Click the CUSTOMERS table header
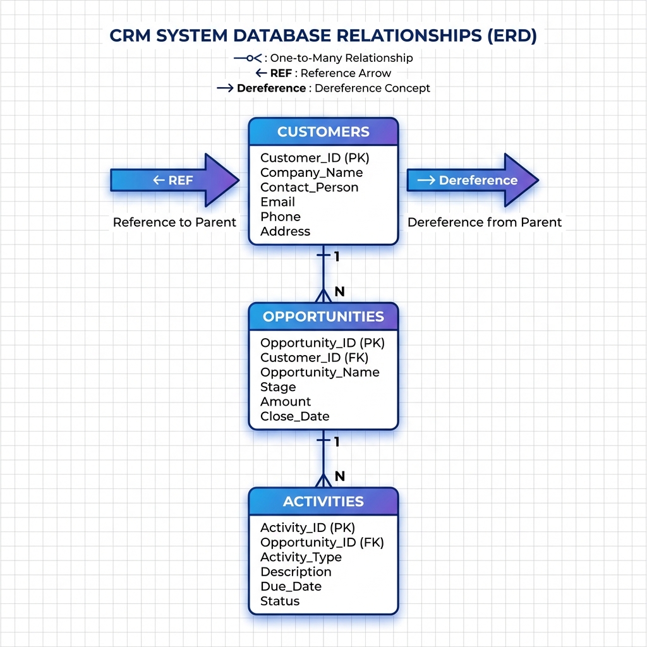(323, 132)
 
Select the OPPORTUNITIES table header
(323, 317)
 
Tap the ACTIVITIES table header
(323, 502)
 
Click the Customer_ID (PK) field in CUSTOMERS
(315, 158)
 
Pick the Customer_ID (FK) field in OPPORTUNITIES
(315, 358)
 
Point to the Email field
(277, 202)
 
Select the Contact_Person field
(309, 188)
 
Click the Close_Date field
(294, 416)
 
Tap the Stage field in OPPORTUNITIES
(278, 387)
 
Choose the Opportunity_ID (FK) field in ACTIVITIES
(322, 542)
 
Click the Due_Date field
(291, 586)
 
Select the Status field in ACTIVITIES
(280, 601)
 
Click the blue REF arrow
(174, 180)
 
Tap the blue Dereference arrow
(471, 180)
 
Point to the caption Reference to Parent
(174, 222)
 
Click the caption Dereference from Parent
(484, 222)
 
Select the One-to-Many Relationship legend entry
(323, 58)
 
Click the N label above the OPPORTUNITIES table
(339, 292)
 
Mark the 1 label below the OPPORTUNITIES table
(337, 442)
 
